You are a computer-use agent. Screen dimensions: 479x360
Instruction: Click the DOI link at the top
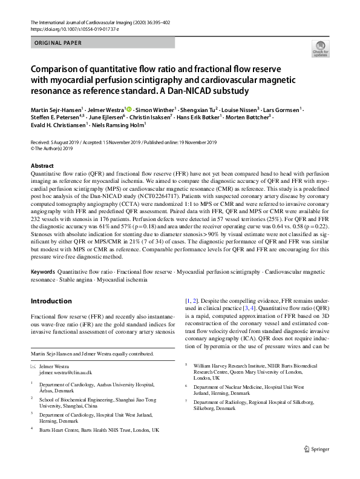[70, 29]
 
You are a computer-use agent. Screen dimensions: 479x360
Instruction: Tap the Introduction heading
[51, 301]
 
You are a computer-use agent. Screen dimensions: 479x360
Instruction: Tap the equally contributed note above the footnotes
[93, 354]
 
